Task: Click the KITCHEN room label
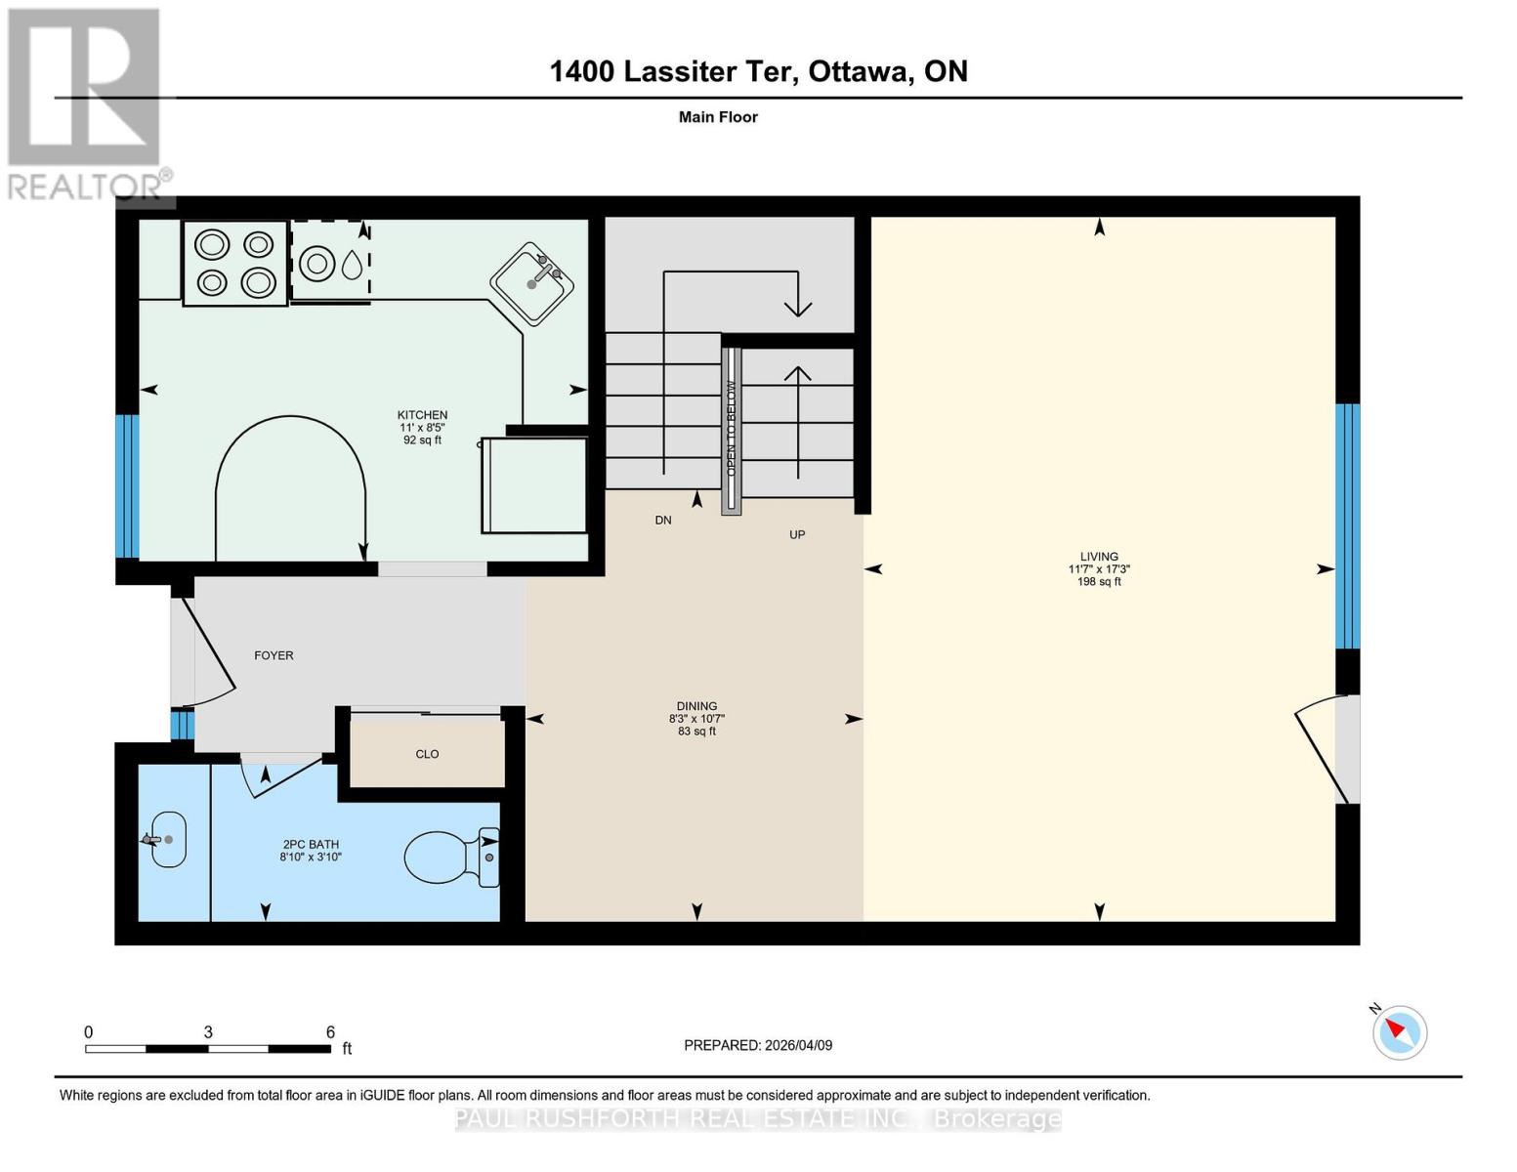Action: click(x=422, y=415)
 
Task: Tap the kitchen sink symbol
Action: click(x=531, y=283)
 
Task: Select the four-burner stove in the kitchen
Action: click(x=235, y=264)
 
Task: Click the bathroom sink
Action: click(x=167, y=839)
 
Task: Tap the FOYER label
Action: click(x=274, y=655)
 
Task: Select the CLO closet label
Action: click(x=427, y=754)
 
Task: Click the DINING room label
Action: click(x=696, y=706)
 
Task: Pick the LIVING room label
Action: click(x=1099, y=557)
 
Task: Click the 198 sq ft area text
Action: click(x=1099, y=582)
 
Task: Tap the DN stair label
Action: click(x=663, y=521)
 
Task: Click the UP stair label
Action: click(x=797, y=535)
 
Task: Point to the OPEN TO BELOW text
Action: click(x=731, y=428)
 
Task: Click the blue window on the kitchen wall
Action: click(x=127, y=485)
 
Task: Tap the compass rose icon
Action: click(x=1400, y=1032)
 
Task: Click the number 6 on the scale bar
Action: click(x=330, y=1032)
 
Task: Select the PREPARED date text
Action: click(x=758, y=1045)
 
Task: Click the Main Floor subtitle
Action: click(x=718, y=117)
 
